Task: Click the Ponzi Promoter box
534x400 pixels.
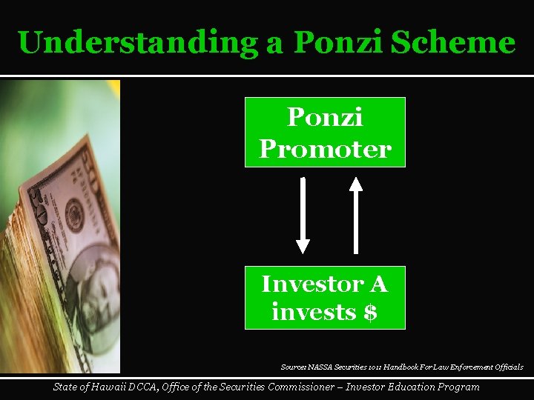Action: point(325,133)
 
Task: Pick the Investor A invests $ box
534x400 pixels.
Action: point(325,297)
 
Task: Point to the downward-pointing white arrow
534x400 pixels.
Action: point(303,216)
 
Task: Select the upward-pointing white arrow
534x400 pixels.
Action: point(356,216)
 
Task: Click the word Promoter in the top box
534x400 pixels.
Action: point(325,149)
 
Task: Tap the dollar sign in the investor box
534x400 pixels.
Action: point(370,313)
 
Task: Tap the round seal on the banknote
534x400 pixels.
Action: point(74,215)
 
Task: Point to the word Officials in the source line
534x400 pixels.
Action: point(508,367)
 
